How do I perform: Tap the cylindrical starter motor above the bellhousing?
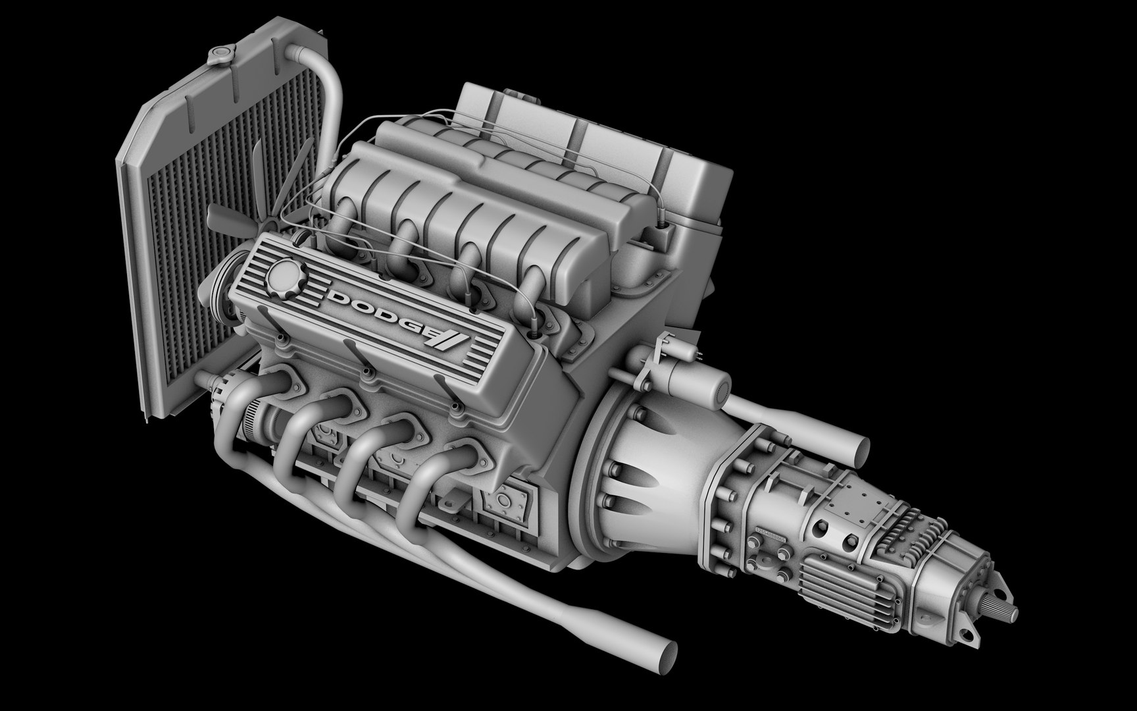(x=701, y=385)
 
